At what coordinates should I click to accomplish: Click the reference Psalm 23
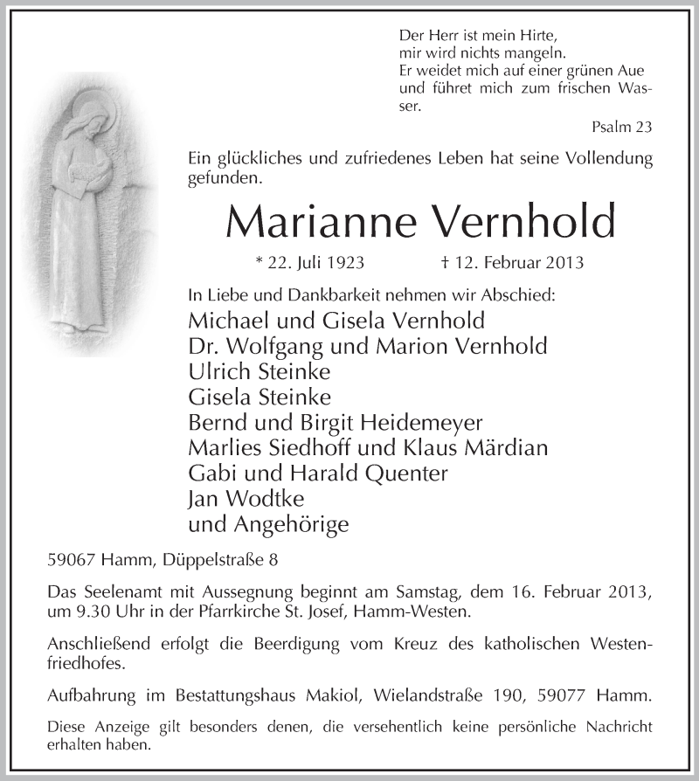[x=621, y=128]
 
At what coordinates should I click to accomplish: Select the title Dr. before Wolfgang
[x=203, y=346]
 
